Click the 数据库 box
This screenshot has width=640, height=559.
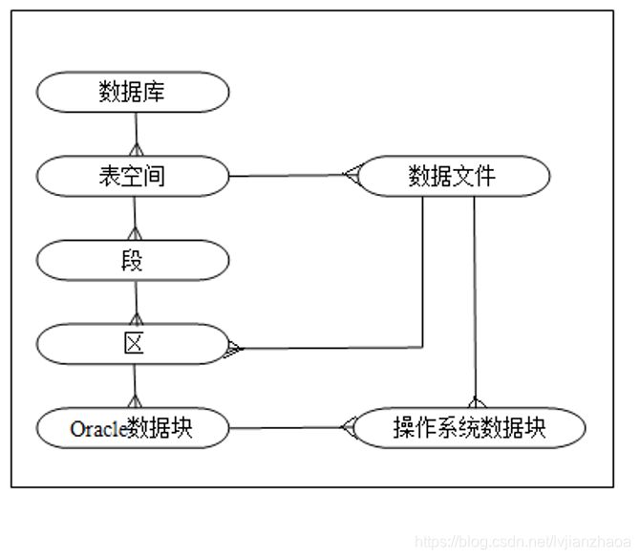pyautogui.click(x=133, y=92)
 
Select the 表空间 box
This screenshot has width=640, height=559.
pyautogui.click(x=133, y=176)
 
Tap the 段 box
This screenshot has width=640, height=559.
pyautogui.click(x=133, y=260)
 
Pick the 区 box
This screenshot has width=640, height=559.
pyautogui.click(x=133, y=344)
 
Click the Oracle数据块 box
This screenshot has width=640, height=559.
pyautogui.click(x=133, y=427)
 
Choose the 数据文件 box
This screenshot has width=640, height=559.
pyautogui.click(x=453, y=176)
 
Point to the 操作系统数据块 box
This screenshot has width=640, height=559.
pyautogui.click(x=469, y=427)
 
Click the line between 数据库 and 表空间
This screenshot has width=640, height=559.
pyautogui.click(x=137, y=129)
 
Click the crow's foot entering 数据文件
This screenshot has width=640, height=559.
pyautogui.click(x=350, y=175)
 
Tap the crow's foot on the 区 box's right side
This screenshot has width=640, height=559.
pyautogui.click(x=235, y=349)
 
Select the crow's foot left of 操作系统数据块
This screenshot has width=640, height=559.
pyautogui.click(x=348, y=427)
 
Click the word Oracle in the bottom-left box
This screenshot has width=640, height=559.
pyautogui.click(x=97, y=429)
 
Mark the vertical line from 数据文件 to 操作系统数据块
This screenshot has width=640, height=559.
pyautogui.click(x=475, y=296)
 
